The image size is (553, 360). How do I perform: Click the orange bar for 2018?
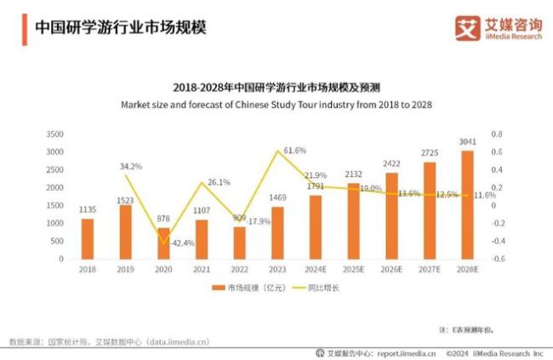click(x=88, y=238)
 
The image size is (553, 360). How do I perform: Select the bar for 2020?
click(x=163, y=243)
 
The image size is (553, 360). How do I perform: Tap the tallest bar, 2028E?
click(x=467, y=204)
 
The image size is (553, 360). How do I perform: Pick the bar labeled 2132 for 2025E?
click(x=352, y=220)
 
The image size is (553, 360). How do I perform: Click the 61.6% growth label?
click(x=294, y=150)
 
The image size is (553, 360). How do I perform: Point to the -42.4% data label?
click(x=182, y=243)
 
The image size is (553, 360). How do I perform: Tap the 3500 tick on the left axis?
click(x=54, y=134)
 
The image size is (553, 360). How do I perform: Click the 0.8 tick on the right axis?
click(x=498, y=134)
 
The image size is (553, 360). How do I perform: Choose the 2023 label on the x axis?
click(x=276, y=270)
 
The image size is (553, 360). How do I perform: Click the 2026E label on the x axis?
click(x=391, y=270)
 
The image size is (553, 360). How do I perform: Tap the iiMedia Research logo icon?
click(x=465, y=27)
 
